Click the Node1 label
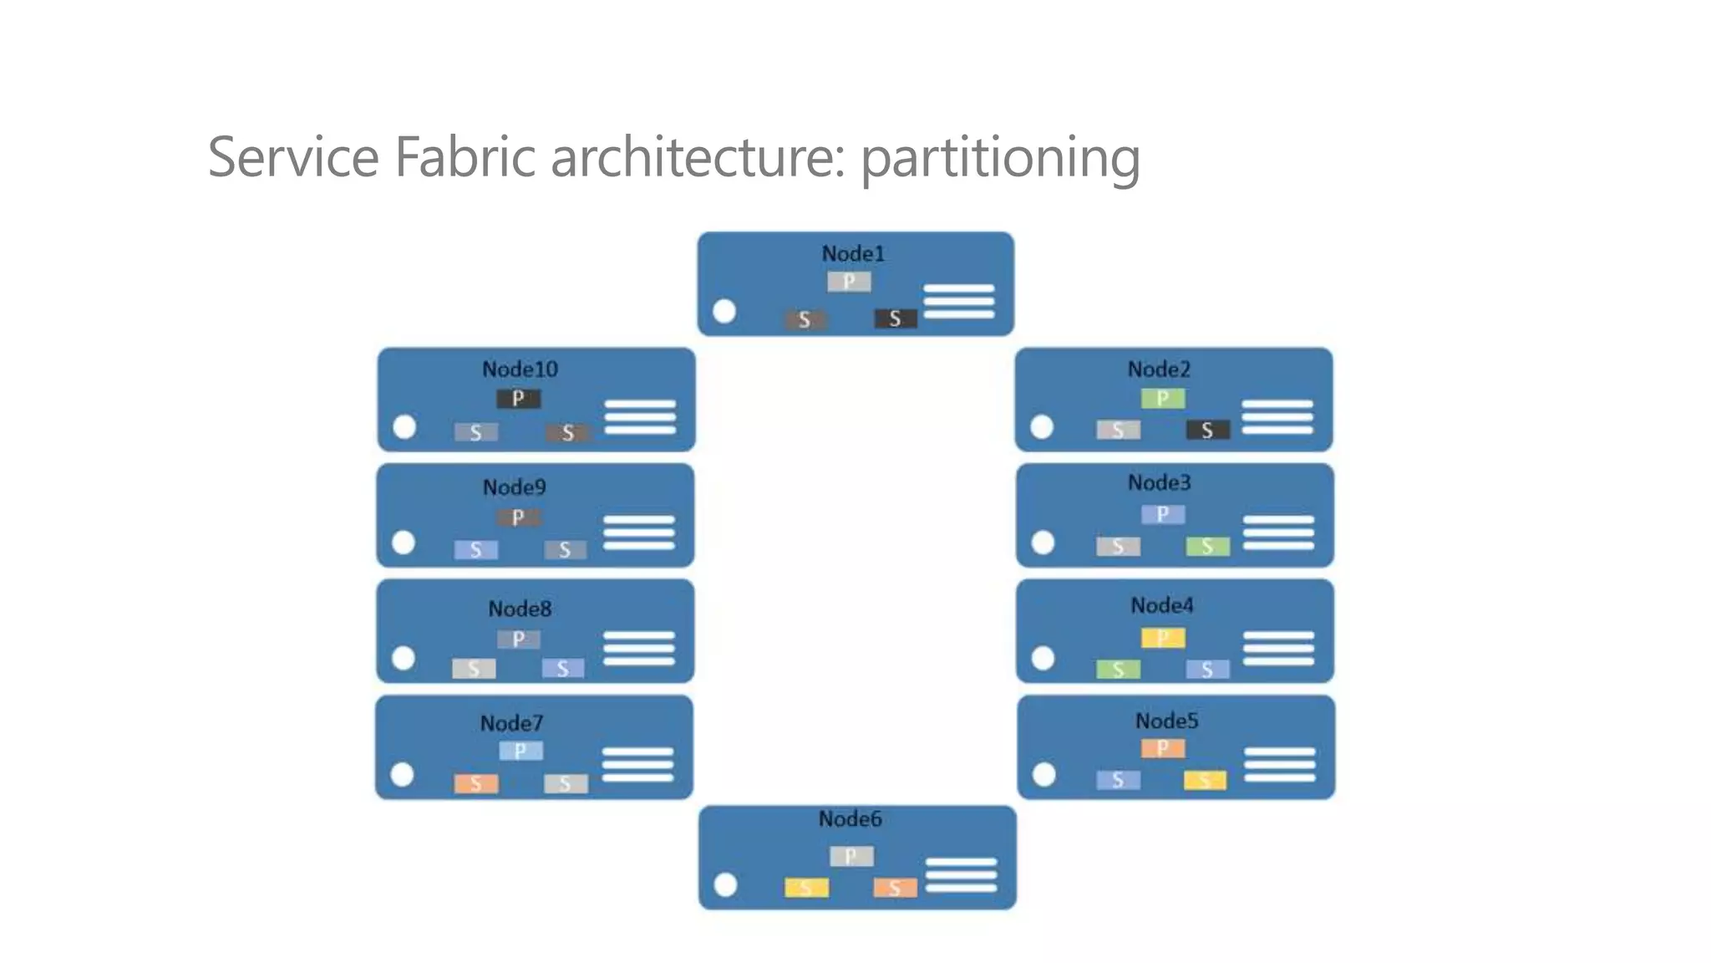[x=853, y=253]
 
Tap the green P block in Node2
[x=1162, y=398]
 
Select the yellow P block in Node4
[x=1162, y=639]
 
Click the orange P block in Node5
[x=1162, y=747]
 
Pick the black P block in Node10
[x=518, y=398]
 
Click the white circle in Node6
[x=726, y=884]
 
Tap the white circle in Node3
[x=1043, y=543]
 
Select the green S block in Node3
[x=1207, y=547]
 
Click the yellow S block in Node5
[x=1205, y=780]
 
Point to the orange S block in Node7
[x=476, y=783]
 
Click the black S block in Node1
[x=895, y=318]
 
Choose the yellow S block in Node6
[x=806, y=887]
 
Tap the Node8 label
[x=520, y=609]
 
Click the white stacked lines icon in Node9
[x=638, y=532]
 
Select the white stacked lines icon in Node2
[x=1277, y=416]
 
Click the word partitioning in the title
[x=1000, y=157]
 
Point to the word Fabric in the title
[x=465, y=156]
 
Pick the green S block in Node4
[x=1118, y=670]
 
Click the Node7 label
[x=511, y=723]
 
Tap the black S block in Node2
[x=1207, y=430]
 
